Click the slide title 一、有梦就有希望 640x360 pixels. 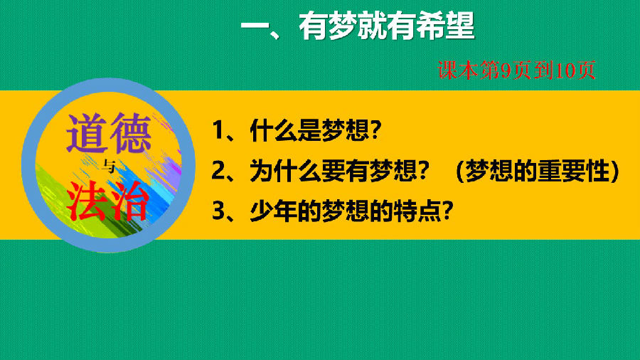click(358, 26)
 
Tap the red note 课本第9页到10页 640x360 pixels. click(516, 70)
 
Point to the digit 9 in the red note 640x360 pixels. click(506, 70)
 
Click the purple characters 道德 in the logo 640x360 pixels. click(109, 133)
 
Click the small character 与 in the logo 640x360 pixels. click(109, 166)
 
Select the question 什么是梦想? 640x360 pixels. click(316, 130)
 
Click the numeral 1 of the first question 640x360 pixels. click(218, 131)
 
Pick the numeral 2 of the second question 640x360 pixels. click(218, 171)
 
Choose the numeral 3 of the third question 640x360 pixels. click(218, 211)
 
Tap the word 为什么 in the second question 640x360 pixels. click(285, 171)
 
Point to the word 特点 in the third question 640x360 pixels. click(418, 211)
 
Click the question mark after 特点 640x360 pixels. click(448, 211)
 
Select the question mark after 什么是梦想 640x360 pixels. click(375, 130)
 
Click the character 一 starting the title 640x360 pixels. click(255, 27)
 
